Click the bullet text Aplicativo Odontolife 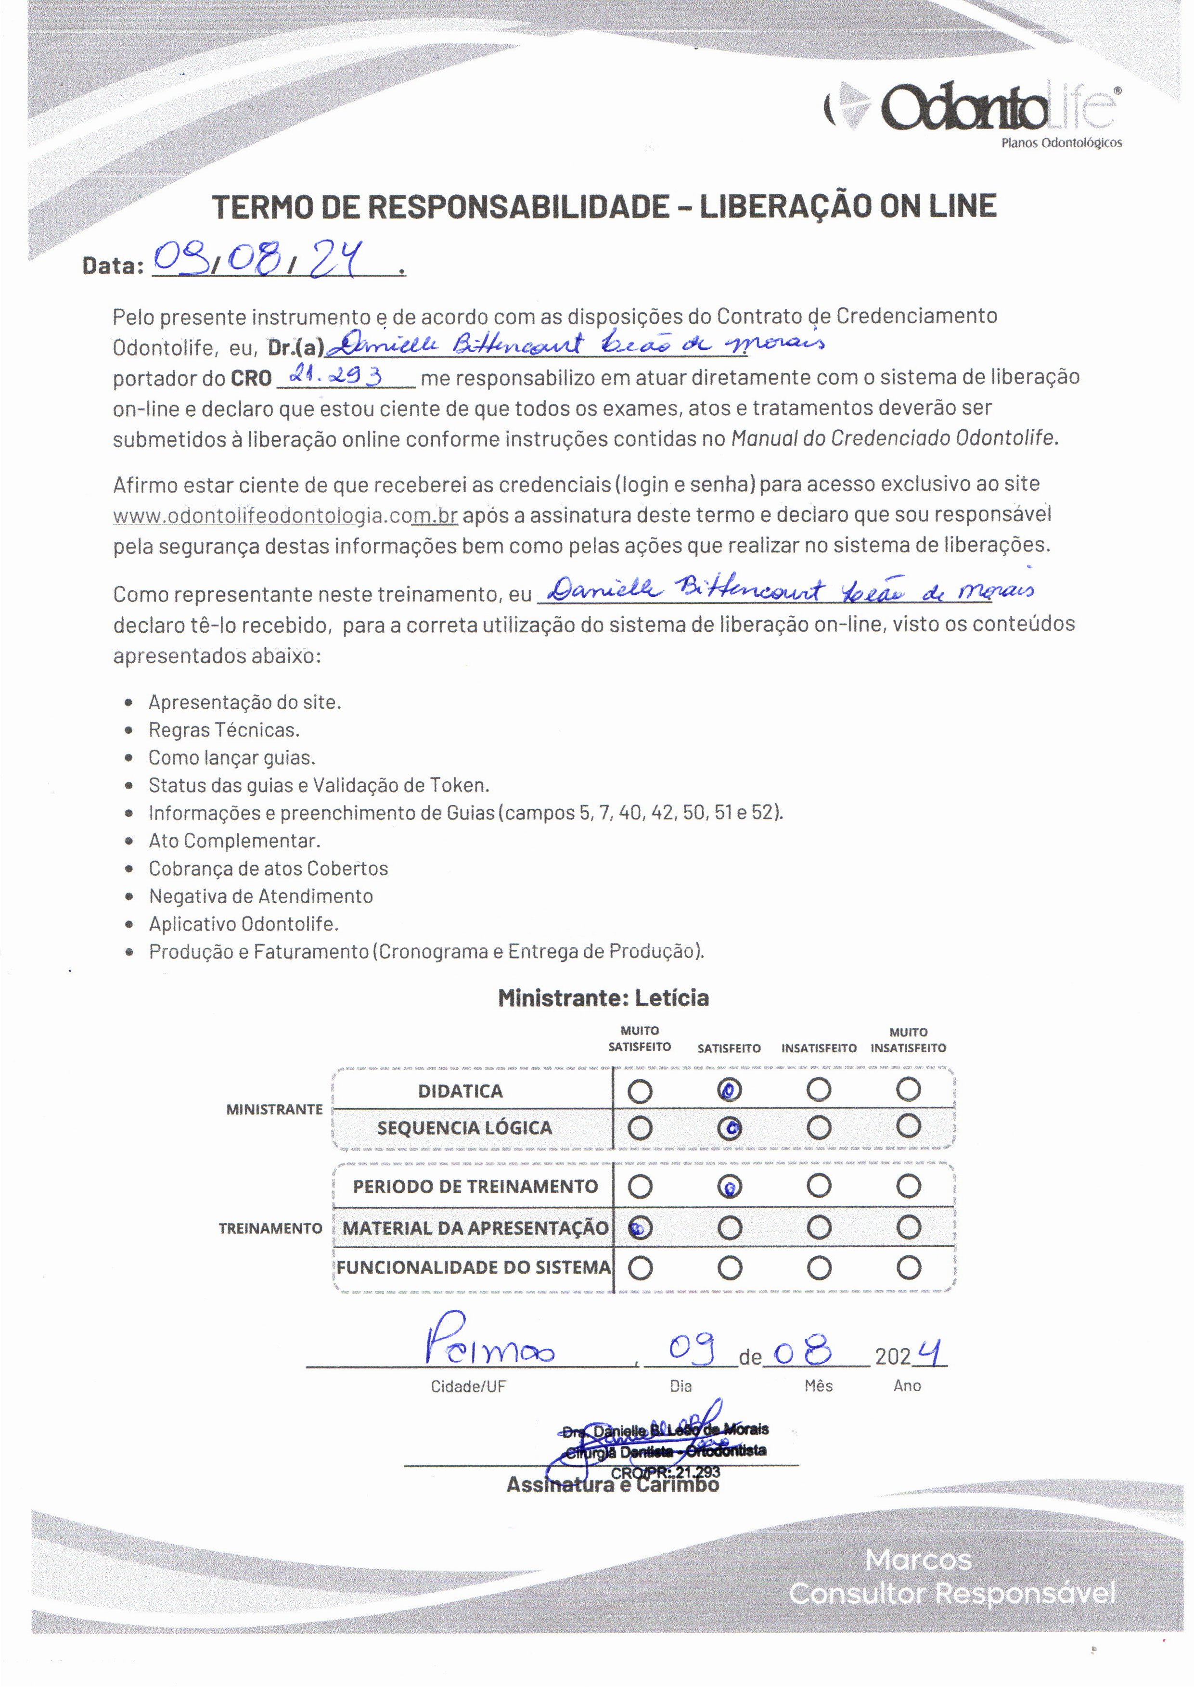tap(244, 923)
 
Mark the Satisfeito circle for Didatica tap(729, 1090)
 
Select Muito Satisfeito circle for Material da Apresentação tap(640, 1227)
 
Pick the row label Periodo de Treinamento tap(475, 1187)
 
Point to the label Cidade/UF tap(468, 1386)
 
